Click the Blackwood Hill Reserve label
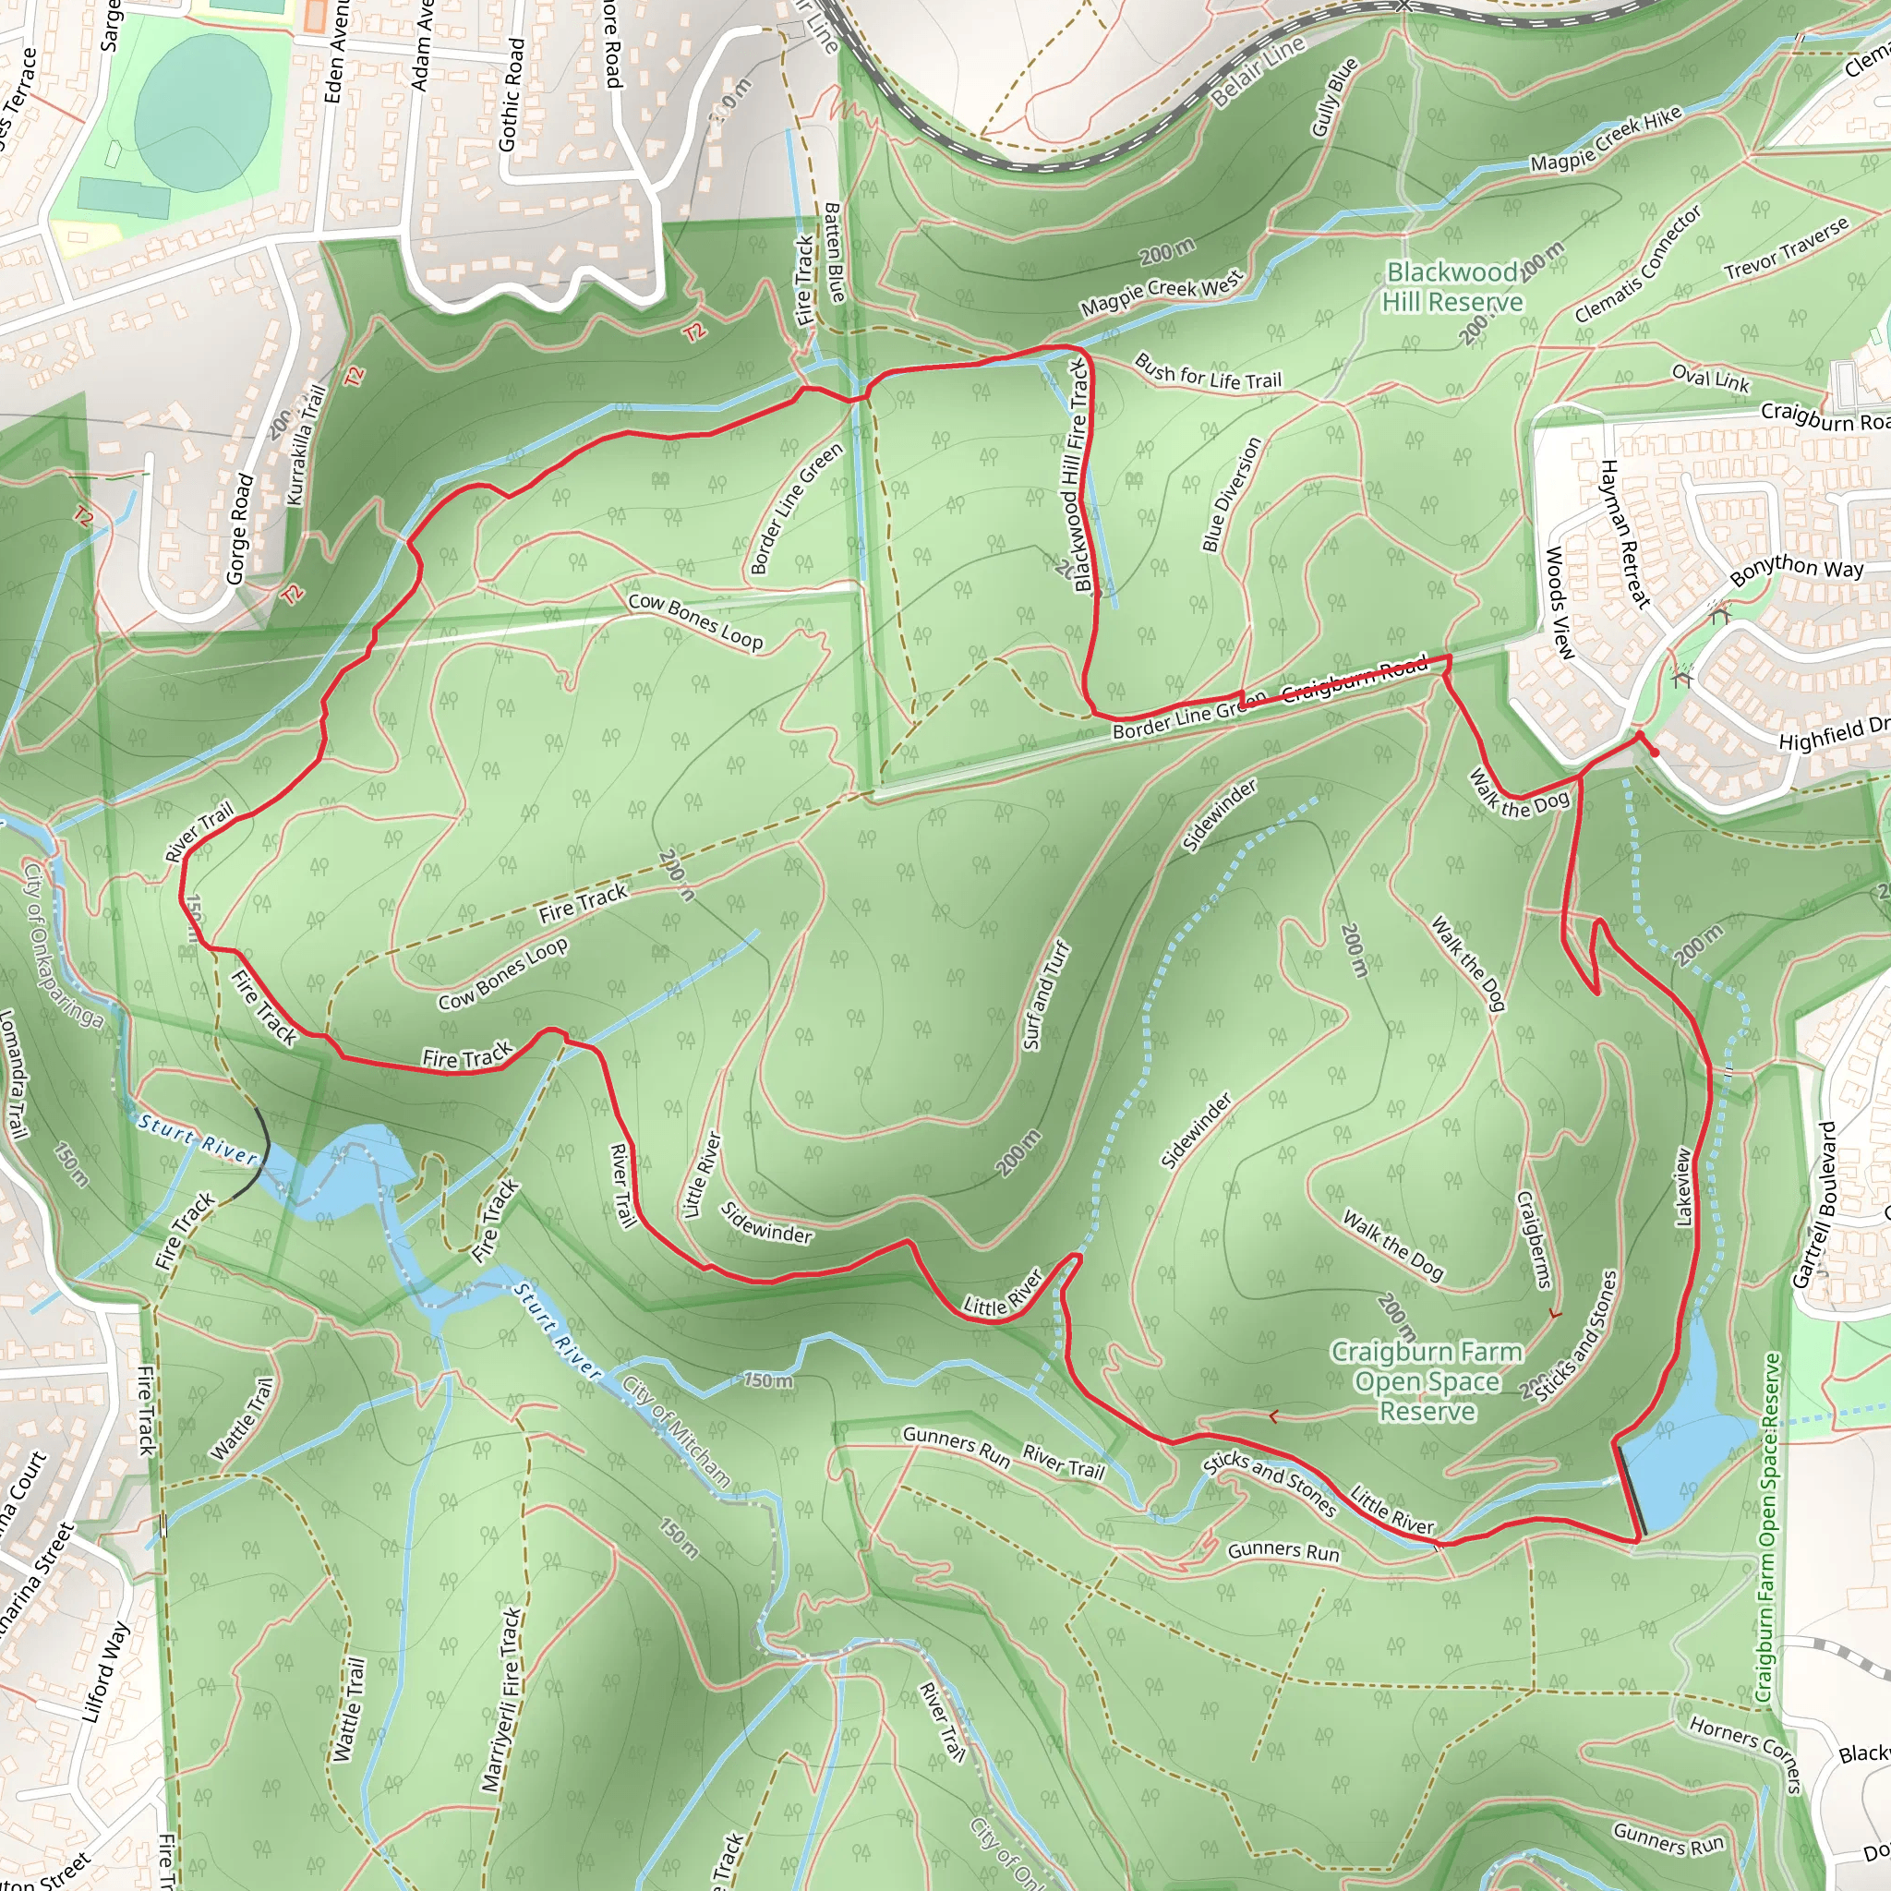[1452, 287]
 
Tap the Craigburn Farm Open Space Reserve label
[1427, 1381]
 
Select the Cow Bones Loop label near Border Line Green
[695, 621]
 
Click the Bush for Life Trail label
[1207, 373]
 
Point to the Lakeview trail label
[1682, 1186]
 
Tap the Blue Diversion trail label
[1233, 494]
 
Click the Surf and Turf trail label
[1046, 995]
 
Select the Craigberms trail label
[1534, 1239]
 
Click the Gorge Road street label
[240, 529]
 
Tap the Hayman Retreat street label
[1626, 535]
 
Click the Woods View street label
[1560, 603]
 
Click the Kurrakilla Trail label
[306, 445]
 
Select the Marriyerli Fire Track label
[500, 1699]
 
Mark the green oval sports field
[202, 113]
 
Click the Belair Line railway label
[1257, 71]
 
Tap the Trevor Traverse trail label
[1787, 247]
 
